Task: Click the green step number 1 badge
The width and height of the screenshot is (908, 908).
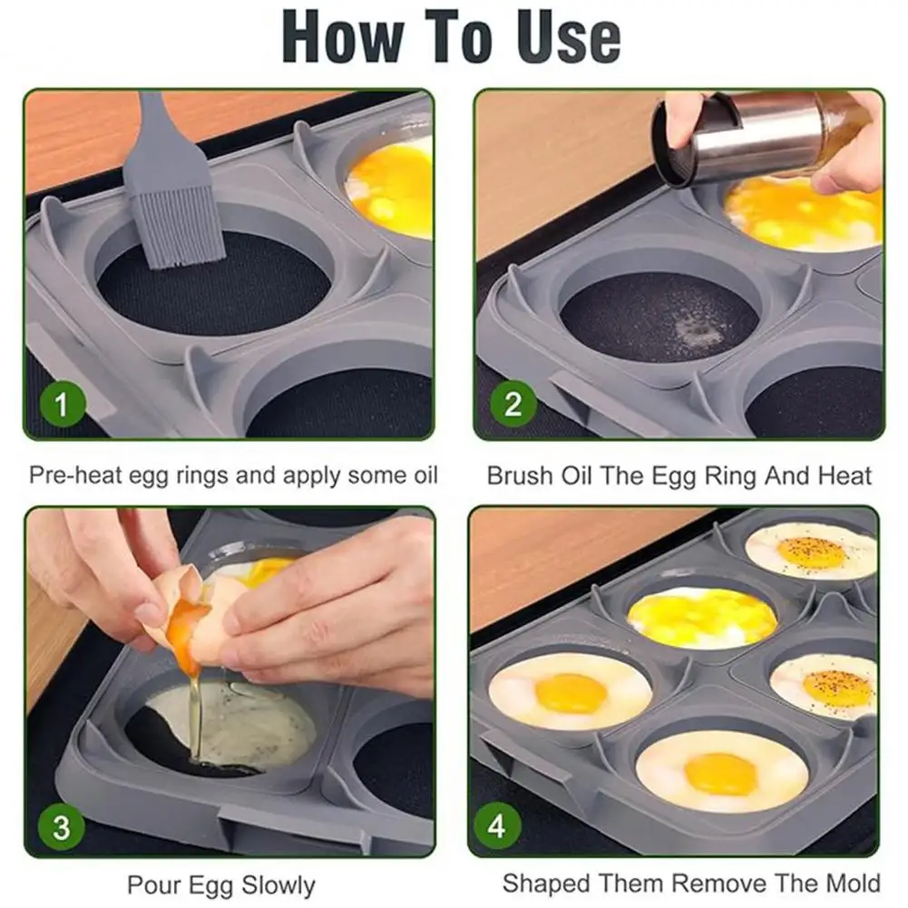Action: (63, 404)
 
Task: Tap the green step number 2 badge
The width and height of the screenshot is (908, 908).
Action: (513, 404)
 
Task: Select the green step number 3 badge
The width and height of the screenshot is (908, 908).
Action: (62, 826)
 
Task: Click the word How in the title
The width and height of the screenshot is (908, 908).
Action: (344, 37)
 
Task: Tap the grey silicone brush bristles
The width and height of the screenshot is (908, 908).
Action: (177, 229)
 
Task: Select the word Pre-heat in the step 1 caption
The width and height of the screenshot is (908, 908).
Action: (74, 475)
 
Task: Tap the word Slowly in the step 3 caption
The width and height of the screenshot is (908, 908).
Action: (278, 885)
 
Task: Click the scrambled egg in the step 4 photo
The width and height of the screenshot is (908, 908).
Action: (702, 618)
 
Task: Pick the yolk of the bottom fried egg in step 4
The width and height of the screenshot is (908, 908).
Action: (721, 775)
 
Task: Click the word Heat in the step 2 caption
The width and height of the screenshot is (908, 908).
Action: (845, 476)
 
